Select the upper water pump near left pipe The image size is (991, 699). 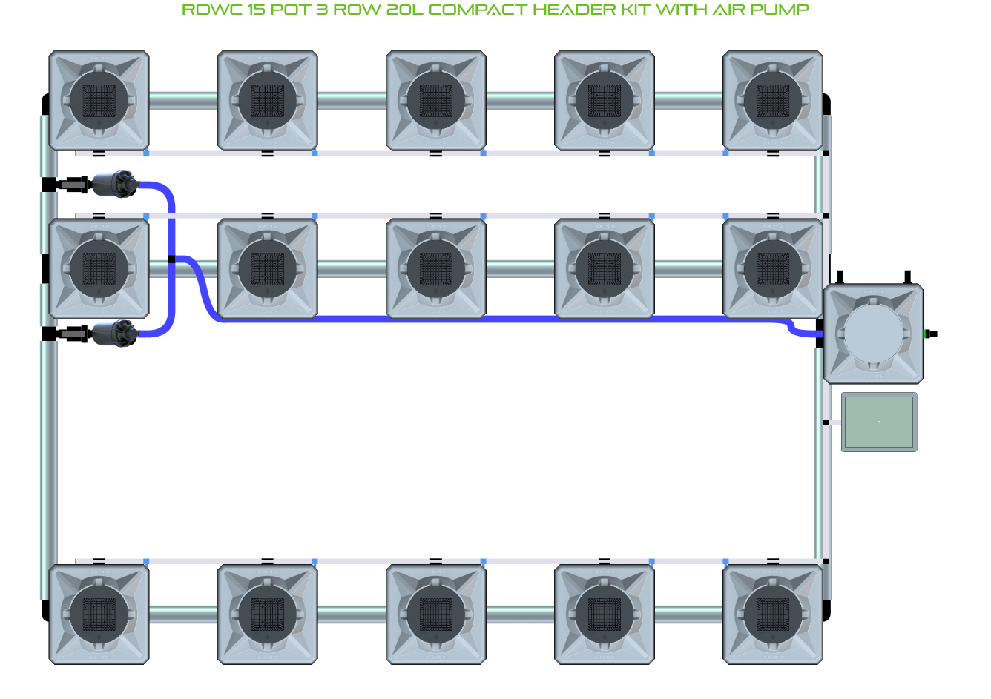click(113, 184)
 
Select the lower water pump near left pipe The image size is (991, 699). click(113, 334)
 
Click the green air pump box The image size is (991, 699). click(879, 422)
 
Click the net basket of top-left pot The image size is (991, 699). click(99, 100)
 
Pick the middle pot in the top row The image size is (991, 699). click(436, 100)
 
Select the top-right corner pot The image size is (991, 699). click(773, 100)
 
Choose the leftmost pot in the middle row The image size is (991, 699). click(99, 268)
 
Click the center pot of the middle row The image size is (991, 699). click(436, 268)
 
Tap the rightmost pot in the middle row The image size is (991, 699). click(773, 268)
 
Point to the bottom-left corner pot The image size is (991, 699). click(99, 614)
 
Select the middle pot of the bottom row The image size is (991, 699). click(436, 614)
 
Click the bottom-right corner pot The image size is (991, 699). click(773, 614)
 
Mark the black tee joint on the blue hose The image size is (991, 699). click(171, 259)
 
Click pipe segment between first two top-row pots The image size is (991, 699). click(183, 100)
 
